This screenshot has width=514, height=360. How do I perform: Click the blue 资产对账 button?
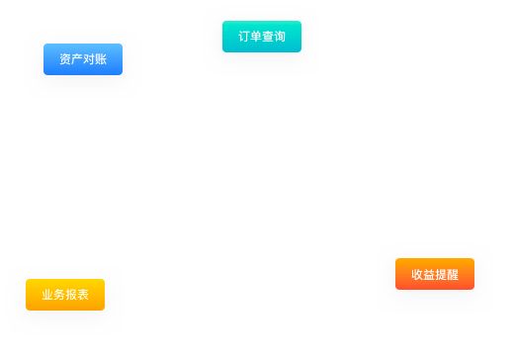83,59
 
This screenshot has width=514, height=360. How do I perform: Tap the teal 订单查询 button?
262,37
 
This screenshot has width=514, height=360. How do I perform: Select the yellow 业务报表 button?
65,295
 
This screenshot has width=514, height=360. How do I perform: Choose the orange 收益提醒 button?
435,274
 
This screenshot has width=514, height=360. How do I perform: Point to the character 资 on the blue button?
65,59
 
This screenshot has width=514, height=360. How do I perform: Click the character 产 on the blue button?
77,59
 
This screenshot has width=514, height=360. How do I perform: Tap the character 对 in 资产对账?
89,59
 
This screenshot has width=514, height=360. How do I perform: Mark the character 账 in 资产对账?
101,59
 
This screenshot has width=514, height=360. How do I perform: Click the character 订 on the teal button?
244,37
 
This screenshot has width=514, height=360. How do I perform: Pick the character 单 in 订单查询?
256,37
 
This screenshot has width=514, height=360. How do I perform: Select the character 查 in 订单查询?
268,37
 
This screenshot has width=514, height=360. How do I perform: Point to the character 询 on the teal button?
280,37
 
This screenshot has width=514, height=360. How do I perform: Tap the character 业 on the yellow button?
47,295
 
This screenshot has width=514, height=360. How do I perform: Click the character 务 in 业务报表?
59,295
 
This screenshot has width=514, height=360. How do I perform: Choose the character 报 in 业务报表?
71,295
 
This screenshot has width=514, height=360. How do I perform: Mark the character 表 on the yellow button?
83,295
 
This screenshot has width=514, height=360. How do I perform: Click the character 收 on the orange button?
417,274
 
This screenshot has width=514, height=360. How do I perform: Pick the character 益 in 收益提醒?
429,274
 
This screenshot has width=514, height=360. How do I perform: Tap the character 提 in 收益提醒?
441,274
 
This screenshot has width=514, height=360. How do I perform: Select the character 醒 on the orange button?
453,274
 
